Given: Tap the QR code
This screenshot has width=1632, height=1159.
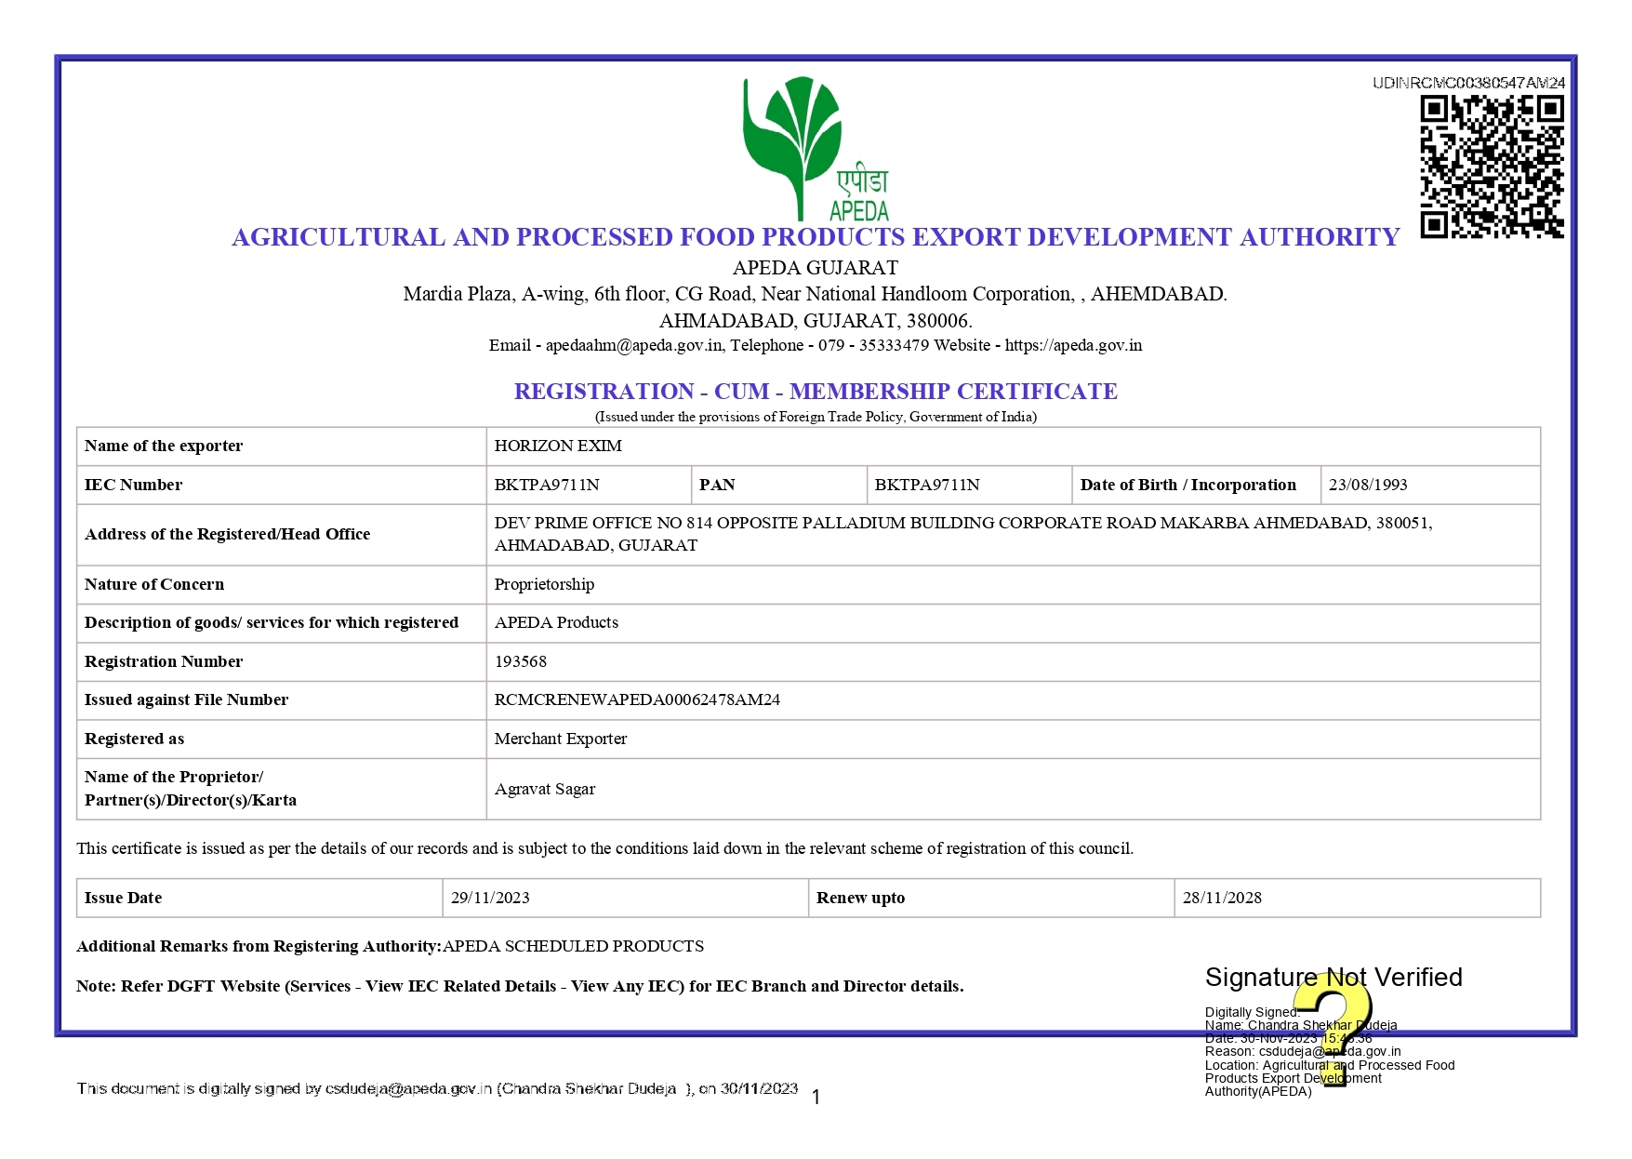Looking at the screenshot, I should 1492,167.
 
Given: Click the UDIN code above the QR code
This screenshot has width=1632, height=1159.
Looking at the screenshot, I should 1468,83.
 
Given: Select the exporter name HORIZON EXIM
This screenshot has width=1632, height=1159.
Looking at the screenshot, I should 558,446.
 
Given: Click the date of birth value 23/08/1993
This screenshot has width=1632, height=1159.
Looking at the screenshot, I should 1368,485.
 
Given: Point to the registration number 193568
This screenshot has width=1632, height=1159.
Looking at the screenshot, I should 521,661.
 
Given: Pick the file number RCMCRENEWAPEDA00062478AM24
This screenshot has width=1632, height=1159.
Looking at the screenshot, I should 637,699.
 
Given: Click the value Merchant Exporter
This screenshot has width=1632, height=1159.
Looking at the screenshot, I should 561,739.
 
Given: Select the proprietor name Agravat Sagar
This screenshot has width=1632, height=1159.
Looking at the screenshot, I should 545,789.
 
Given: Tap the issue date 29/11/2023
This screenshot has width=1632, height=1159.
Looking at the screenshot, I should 490,898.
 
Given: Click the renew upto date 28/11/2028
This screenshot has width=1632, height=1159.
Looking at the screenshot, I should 1222,898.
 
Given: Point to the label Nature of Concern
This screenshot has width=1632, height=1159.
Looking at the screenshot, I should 154,584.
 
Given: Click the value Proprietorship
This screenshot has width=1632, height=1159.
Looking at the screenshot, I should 544,584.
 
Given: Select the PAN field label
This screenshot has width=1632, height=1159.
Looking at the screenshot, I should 717,485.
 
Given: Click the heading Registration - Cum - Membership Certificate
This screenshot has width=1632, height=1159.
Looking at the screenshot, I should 816,392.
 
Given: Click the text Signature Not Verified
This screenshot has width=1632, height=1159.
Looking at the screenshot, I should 1333,978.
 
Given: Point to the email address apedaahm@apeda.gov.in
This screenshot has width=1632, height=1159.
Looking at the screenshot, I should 633,345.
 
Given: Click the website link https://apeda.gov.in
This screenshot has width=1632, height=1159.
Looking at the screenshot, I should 1073,345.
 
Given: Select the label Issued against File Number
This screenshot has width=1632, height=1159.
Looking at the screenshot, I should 186,699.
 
